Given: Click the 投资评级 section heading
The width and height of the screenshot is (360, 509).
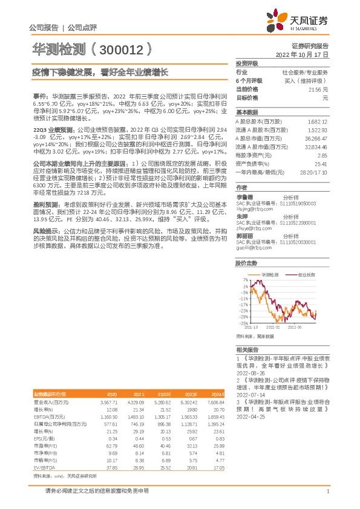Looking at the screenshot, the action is [247, 63].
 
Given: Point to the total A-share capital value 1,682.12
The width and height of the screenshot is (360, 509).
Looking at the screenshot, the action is [318, 121].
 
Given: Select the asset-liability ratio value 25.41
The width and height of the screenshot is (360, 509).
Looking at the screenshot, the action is [321, 163].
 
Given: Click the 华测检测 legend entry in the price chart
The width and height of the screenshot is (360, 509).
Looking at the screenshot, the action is [270, 274].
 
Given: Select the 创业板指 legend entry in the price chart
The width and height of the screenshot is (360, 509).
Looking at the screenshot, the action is [306, 274].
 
